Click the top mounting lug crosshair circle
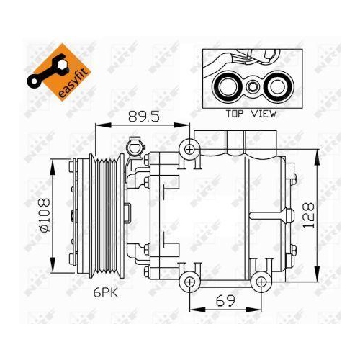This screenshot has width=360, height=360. point(189,149)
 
